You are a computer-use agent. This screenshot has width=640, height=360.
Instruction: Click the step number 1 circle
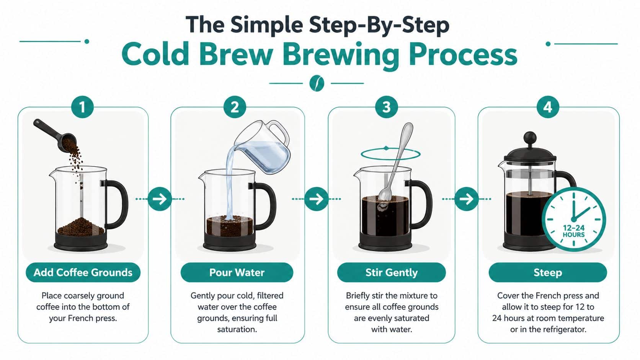82,107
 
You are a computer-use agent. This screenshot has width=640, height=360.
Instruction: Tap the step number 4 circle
547,107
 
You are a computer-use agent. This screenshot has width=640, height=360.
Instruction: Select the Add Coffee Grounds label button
83,272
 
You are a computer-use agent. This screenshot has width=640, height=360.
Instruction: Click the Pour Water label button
237,272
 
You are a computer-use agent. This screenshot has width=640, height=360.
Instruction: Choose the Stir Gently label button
391,272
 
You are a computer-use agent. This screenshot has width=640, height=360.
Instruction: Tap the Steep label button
547,272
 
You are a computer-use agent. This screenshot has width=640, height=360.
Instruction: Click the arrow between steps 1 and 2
160,199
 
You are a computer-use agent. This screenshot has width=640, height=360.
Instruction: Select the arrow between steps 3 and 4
466,199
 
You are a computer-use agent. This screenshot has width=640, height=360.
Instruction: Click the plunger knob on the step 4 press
530,137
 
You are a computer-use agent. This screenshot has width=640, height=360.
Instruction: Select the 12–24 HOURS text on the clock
573,231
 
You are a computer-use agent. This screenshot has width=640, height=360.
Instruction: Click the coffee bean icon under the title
317,83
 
